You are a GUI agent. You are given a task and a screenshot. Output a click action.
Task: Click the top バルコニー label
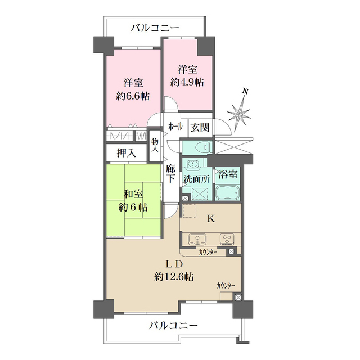[155, 27]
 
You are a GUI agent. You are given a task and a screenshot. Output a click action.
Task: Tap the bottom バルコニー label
[174, 326]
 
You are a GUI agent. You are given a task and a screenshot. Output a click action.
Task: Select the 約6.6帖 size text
[133, 96]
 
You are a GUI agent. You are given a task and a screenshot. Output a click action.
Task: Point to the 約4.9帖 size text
[187, 82]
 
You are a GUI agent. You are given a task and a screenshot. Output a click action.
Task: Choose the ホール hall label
[175, 127]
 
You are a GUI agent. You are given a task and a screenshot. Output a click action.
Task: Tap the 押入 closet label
[126, 152]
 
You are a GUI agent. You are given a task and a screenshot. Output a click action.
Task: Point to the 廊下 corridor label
[171, 174]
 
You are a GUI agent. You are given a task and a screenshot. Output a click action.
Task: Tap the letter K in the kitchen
[210, 219]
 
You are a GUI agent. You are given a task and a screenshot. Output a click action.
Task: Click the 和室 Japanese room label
[133, 195]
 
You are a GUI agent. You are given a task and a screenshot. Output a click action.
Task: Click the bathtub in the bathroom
[228, 194]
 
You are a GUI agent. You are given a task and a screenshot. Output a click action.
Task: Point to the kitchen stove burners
[228, 238]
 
